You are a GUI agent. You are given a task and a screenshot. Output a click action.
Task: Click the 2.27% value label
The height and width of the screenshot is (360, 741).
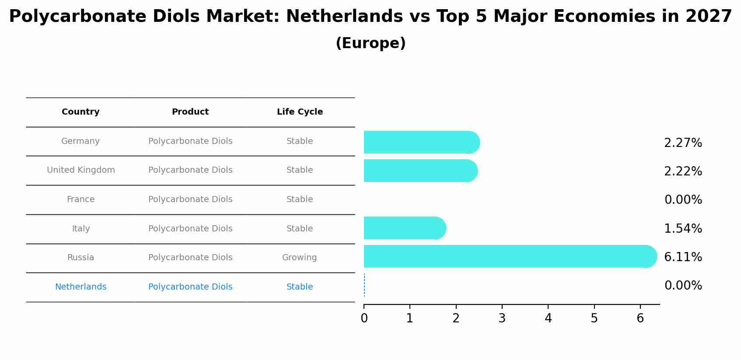click(x=683, y=143)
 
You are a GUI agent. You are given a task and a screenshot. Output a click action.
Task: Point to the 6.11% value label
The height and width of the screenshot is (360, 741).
click(x=683, y=257)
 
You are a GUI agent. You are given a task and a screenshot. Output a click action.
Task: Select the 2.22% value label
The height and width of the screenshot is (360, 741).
click(x=683, y=171)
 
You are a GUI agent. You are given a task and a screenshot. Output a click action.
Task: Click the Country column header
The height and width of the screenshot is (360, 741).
click(x=80, y=112)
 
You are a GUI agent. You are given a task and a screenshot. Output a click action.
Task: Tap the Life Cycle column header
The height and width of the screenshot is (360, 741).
click(x=300, y=112)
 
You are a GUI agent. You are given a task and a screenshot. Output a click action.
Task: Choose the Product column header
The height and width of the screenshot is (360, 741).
click(x=190, y=112)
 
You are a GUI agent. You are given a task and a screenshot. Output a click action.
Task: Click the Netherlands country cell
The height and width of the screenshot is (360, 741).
click(x=80, y=287)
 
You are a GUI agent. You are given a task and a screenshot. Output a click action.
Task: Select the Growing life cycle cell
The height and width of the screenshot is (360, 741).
click(x=300, y=258)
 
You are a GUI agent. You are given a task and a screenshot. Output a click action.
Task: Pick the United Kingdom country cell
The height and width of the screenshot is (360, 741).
click(x=81, y=170)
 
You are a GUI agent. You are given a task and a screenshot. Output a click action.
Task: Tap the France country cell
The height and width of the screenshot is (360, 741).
click(x=80, y=199)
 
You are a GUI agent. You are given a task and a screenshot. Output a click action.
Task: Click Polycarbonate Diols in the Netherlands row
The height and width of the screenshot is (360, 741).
click(x=190, y=287)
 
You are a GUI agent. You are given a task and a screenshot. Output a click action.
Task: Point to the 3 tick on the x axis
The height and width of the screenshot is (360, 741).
click(x=502, y=318)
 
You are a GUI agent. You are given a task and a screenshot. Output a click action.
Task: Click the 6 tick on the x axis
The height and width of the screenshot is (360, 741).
click(x=640, y=318)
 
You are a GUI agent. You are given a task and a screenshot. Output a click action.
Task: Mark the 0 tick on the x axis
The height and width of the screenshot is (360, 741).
click(x=364, y=318)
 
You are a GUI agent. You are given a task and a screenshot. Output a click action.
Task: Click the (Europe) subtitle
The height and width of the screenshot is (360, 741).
click(x=370, y=43)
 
